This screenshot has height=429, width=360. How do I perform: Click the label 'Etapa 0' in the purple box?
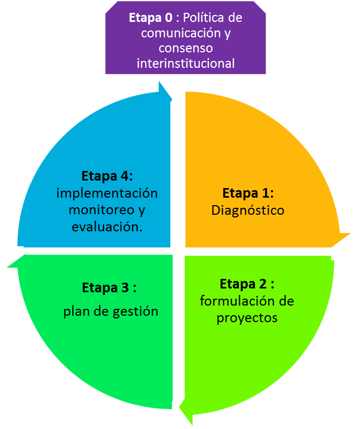coord(151,17)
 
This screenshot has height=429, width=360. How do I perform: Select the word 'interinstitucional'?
coord(185,63)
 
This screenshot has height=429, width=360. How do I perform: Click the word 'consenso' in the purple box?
coord(185,48)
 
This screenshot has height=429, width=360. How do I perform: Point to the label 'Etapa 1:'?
coord(248,193)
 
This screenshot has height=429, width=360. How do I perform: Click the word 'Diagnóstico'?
coord(248,210)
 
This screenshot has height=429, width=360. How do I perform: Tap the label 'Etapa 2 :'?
coord(247,284)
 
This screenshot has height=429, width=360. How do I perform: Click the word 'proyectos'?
coord(247,317)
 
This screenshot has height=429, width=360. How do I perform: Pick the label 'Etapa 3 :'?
coord(109,287)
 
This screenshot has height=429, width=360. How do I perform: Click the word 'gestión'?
coord(135,311)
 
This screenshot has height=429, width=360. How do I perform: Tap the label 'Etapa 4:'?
coord(107,176)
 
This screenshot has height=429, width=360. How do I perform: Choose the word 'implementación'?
coord(107,192)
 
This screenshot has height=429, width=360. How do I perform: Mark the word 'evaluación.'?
coord(107,227)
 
